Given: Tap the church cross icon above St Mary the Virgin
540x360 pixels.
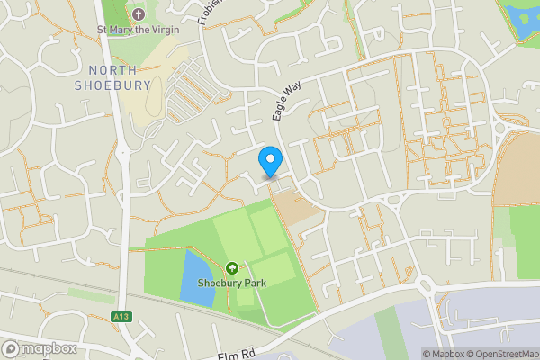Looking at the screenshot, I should pos(138,14).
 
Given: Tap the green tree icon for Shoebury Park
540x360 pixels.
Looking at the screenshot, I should pos(232,268).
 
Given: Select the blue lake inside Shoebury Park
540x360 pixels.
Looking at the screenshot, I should pos(197,278).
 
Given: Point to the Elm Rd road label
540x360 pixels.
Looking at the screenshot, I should pos(236,354).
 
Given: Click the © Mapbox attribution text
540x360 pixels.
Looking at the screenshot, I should pos(442,354).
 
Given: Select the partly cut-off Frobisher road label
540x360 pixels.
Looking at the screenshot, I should pos(209,11).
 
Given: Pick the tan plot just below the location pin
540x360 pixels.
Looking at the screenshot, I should pos(295,208).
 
